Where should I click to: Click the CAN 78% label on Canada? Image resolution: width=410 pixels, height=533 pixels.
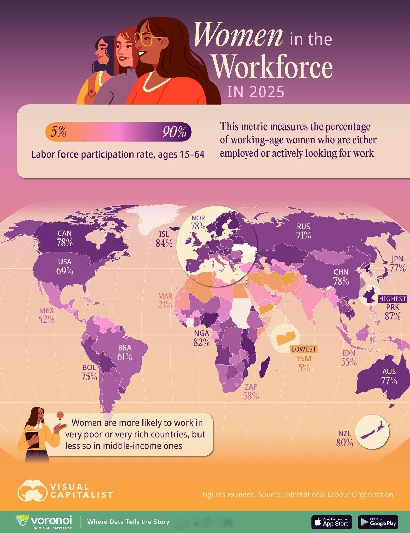[x=65, y=238]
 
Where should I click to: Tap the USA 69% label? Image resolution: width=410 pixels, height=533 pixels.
[x=65, y=266]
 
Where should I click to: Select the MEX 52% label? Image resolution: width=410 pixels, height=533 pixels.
[x=47, y=315]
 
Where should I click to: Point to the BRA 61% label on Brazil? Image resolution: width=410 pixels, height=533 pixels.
[x=124, y=353]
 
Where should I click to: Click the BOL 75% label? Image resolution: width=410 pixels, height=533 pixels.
[x=89, y=372]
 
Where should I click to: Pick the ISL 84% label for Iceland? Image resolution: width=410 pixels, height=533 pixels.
[x=164, y=239]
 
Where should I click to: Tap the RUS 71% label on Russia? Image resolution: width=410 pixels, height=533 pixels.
[x=303, y=231]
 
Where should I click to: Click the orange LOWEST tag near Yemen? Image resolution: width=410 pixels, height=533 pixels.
[x=303, y=349]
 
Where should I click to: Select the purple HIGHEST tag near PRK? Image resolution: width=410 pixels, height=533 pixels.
[x=393, y=299]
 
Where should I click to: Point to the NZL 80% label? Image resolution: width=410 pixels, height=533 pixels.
[x=345, y=438]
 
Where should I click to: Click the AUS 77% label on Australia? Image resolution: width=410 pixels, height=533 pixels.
[x=389, y=376]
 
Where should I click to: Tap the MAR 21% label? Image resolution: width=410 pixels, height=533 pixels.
[x=165, y=300]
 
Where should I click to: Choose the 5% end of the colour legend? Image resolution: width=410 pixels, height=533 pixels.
[x=58, y=132]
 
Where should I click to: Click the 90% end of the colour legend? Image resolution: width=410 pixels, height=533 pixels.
[x=174, y=132]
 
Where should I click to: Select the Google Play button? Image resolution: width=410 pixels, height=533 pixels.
[x=378, y=522]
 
